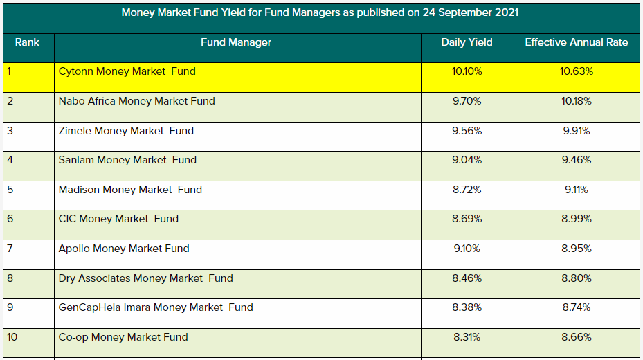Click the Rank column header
[27, 42]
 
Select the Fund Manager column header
[236, 42]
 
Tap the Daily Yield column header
[467, 42]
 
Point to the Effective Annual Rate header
[577, 42]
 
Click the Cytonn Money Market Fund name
[127, 71]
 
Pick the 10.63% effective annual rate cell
[577, 71]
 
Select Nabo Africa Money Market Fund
[137, 101]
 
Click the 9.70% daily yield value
[467, 101]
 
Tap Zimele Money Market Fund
[127, 131]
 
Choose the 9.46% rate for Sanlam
[577, 160]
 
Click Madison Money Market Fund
[131, 190]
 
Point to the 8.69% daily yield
[467, 219]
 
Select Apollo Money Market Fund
[124, 249]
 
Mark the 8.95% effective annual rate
[577, 249]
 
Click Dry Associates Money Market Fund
[146, 278]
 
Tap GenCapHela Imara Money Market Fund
[156, 307]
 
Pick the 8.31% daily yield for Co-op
[467, 337]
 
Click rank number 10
[12, 337]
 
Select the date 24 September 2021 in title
[470, 12]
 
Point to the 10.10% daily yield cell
[467, 71]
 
